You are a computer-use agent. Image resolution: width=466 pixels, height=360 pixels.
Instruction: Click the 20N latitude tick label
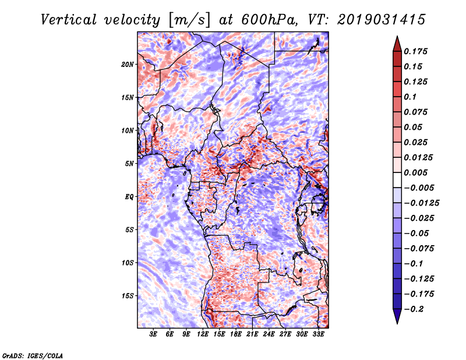(128, 65)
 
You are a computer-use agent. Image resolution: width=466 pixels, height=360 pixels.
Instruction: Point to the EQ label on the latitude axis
(129, 197)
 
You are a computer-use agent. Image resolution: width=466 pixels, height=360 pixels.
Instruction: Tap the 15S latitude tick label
(128, 296)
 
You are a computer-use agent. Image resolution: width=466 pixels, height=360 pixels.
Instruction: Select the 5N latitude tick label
(129, 164)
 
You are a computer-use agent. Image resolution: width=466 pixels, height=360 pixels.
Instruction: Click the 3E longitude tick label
(153, 334)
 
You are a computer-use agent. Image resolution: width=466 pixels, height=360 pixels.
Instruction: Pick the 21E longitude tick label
(252, 334)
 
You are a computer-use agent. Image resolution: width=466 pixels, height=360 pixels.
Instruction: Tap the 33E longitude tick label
(318, 334)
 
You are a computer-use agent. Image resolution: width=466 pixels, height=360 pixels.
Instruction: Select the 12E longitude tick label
(203, 334)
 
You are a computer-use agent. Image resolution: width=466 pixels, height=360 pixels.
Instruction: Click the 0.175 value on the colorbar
(415, 51)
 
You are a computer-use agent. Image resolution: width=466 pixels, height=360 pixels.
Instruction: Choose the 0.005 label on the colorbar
(415, 172)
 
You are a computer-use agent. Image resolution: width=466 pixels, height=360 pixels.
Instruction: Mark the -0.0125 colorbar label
(421, 203)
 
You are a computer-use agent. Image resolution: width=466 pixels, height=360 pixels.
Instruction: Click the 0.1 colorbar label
(410, 97)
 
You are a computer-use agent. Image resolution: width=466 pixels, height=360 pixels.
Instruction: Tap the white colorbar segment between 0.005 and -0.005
(397, 180)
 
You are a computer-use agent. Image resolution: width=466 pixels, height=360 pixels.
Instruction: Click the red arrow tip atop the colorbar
(397, 37)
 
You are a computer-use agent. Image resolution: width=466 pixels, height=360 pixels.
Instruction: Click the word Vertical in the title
(69, 20)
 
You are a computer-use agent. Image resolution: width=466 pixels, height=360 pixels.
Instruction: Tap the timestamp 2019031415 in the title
(382, 20)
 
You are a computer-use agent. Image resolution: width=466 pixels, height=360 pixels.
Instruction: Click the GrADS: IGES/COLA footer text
(33, 355)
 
